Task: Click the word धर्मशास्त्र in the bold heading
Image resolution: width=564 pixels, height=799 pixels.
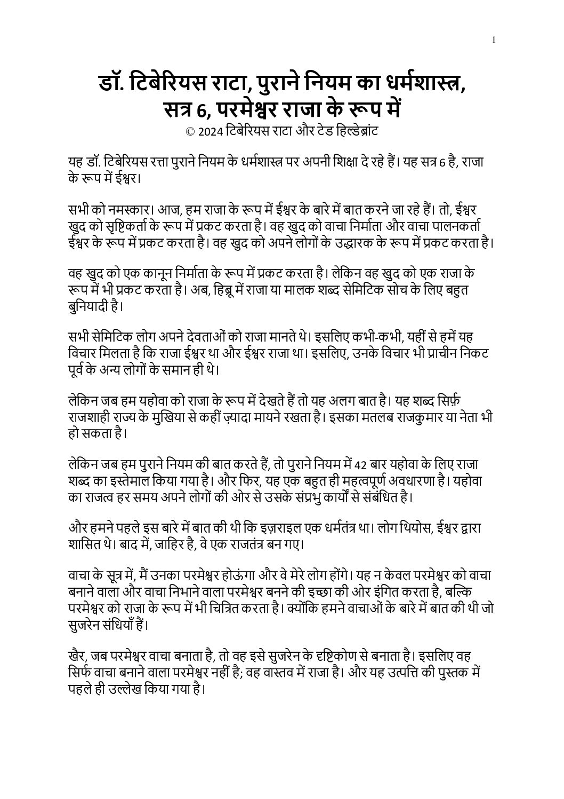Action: pos(407,84)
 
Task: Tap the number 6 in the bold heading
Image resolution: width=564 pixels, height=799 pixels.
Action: pos(201,109)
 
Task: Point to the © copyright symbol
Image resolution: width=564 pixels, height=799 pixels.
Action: pos(190,132)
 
